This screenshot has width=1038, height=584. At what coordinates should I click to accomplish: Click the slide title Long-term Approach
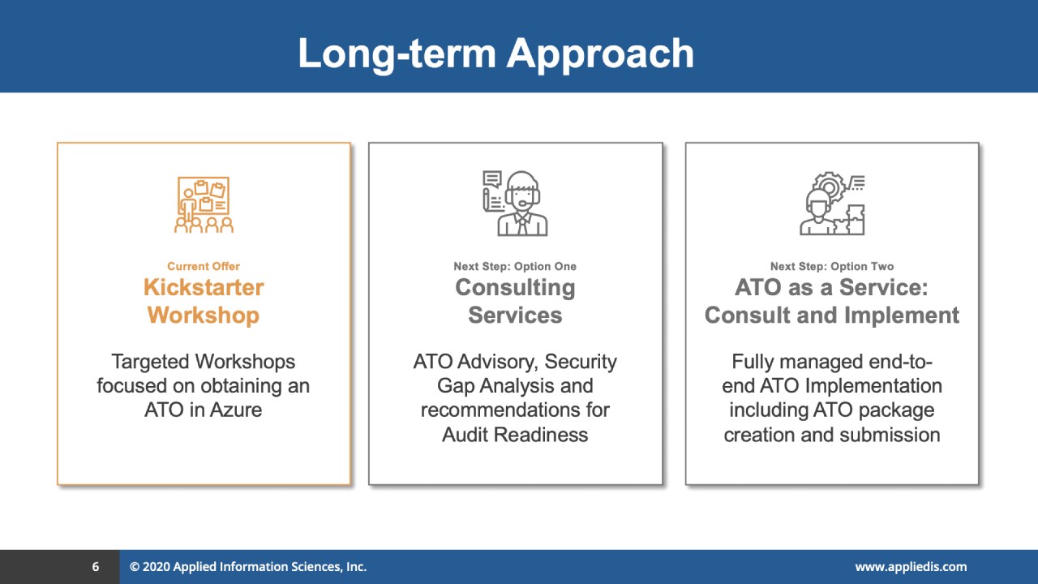pos(495,54)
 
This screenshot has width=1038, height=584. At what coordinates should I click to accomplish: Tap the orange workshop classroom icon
pos(204,204)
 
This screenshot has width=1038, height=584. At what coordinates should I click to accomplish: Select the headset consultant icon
pos(515,204)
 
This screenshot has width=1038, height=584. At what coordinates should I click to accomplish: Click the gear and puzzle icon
pos(832,204)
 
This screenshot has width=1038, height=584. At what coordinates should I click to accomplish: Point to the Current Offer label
pos(204,267)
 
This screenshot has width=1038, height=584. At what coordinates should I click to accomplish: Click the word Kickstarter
pos(204,287)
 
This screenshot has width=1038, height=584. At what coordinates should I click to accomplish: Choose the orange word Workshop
pos(204,316)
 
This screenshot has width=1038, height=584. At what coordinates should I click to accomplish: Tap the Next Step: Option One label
pos(515,267)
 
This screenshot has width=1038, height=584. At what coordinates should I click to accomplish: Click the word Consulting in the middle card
pos(515,288)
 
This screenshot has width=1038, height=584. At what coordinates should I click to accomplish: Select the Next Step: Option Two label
pos(832,267)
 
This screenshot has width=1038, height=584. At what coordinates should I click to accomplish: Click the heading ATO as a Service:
pos(832,287)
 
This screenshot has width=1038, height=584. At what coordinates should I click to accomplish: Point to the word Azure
pos(235,410)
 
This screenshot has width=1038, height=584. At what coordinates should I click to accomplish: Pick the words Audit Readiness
pos(515,435)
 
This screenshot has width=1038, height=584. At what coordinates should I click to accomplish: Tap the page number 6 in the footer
pos(96,566)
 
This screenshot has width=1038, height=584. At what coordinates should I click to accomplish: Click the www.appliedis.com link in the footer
pos(911,567)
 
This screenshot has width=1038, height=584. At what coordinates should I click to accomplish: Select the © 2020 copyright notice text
pos(248,567)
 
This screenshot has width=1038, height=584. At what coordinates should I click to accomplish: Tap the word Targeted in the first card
pos(150,362)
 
